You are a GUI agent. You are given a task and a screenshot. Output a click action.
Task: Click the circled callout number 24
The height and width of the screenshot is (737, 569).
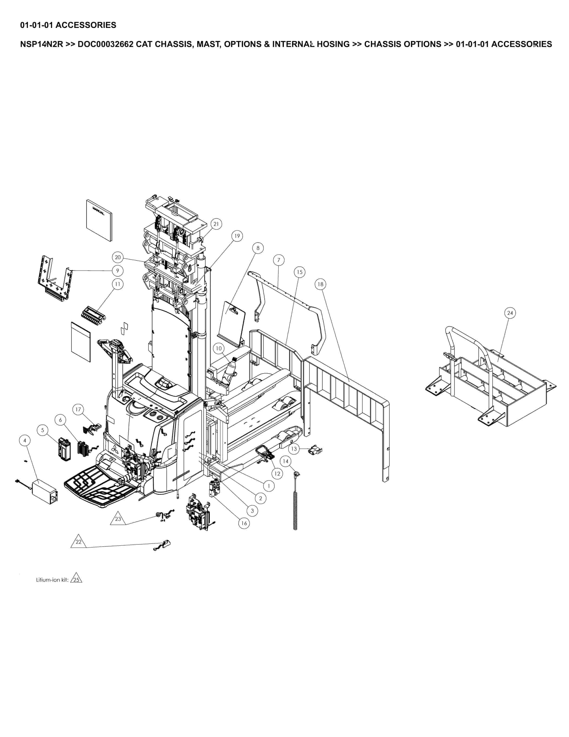[x=510, y=313]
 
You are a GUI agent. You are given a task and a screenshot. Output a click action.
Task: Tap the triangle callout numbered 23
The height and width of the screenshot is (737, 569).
[x=118, y=519]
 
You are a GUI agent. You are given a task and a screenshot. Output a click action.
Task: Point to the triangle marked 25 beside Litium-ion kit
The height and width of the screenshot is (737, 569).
[x=76, y=580]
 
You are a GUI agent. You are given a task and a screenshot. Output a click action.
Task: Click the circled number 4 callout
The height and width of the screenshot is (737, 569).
[x=25, y=440]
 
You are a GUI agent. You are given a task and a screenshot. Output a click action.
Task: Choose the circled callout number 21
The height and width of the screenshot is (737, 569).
[x=216, y=224]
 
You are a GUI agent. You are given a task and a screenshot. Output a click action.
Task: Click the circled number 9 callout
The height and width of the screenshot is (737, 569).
[x=117, y=271]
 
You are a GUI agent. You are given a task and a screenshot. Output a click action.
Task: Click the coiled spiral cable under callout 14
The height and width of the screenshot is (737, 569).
[x=296, y=509]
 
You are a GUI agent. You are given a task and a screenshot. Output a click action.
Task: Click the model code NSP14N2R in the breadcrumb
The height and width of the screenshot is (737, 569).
[x=41, y=44]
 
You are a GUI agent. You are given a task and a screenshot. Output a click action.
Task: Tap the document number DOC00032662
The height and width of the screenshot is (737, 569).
[x=106, y=44]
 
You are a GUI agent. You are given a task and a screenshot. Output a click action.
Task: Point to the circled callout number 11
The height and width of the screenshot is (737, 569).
[x=117, y=284]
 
